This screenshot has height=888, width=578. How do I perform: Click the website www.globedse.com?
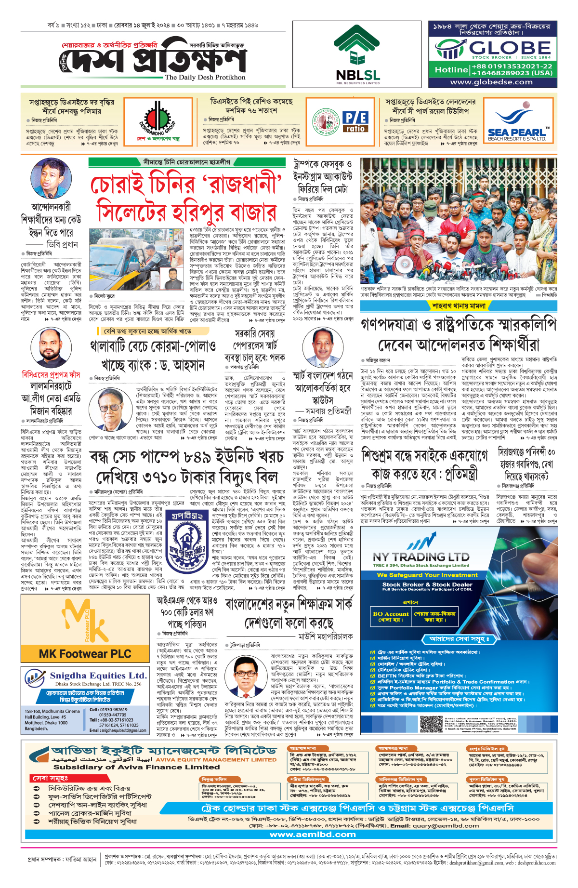click(x=491, y=82)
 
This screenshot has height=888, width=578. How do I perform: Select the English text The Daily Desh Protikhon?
click(x=205, y=77)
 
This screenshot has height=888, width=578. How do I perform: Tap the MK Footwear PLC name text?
click(x=85, y=654)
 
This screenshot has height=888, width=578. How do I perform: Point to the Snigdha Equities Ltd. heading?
click(x=98, y=676)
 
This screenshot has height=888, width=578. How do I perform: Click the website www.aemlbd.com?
click(x=313, y=834)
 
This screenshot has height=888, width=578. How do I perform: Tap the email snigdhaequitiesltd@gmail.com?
click(x=118, y=730)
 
